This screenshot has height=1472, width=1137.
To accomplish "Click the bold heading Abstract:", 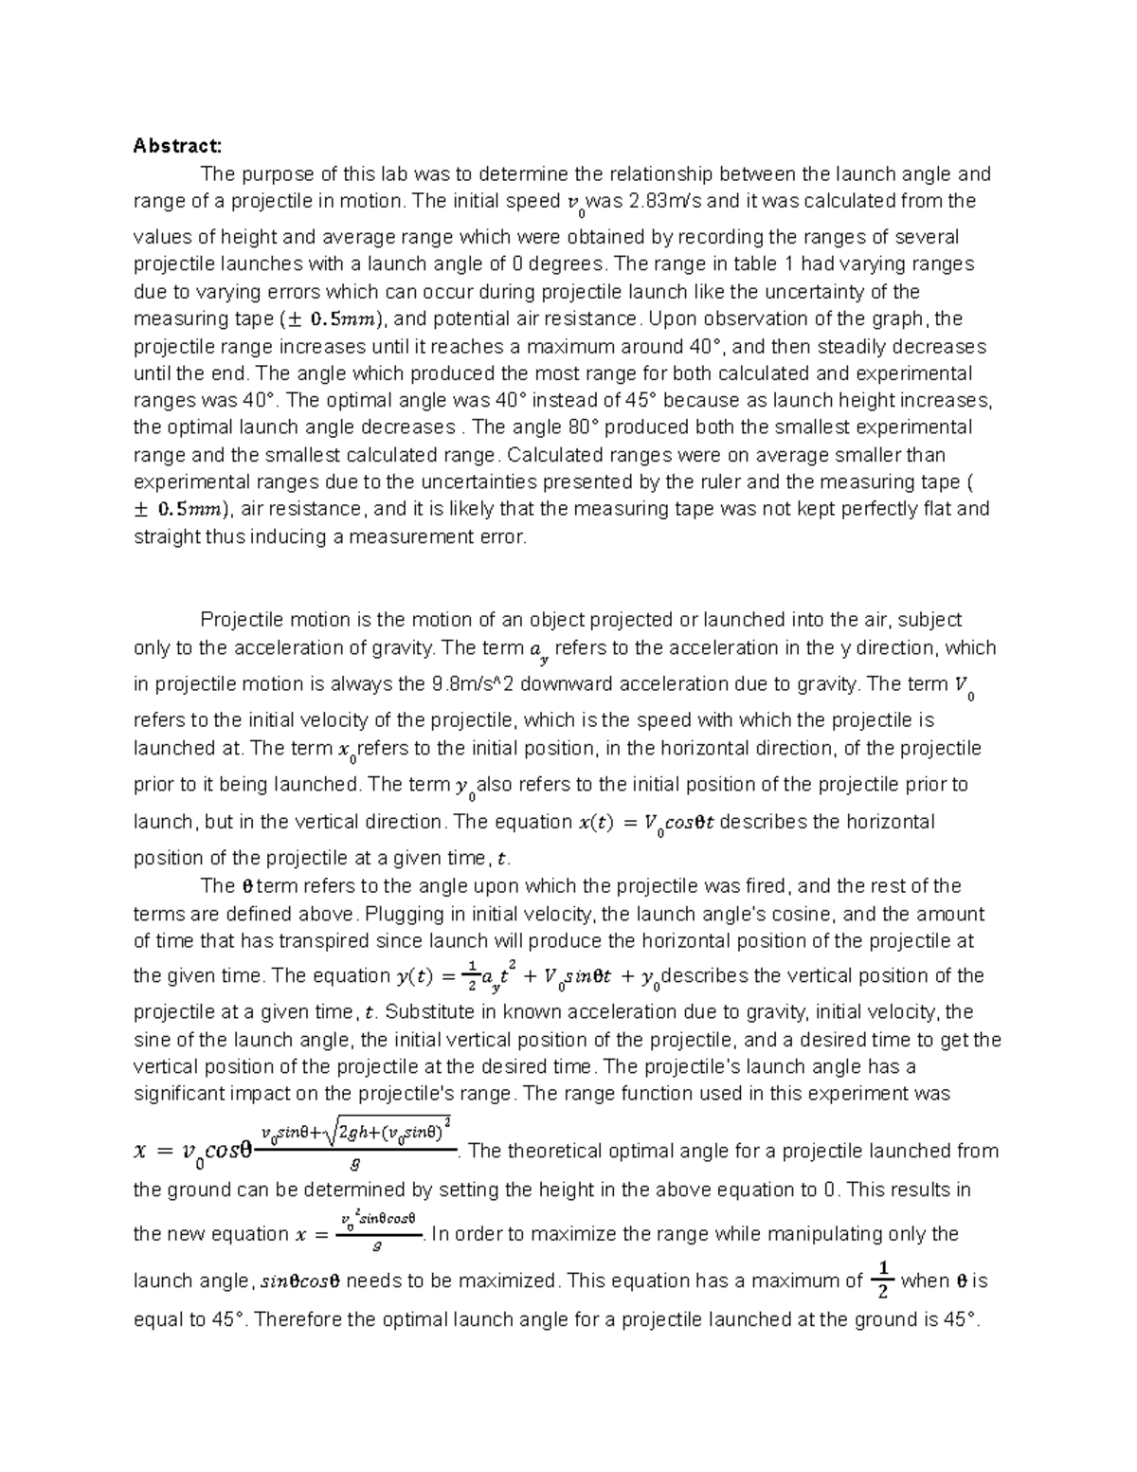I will (x=177, y=146).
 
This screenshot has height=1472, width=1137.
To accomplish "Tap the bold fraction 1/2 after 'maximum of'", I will (x=882, y=1281).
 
